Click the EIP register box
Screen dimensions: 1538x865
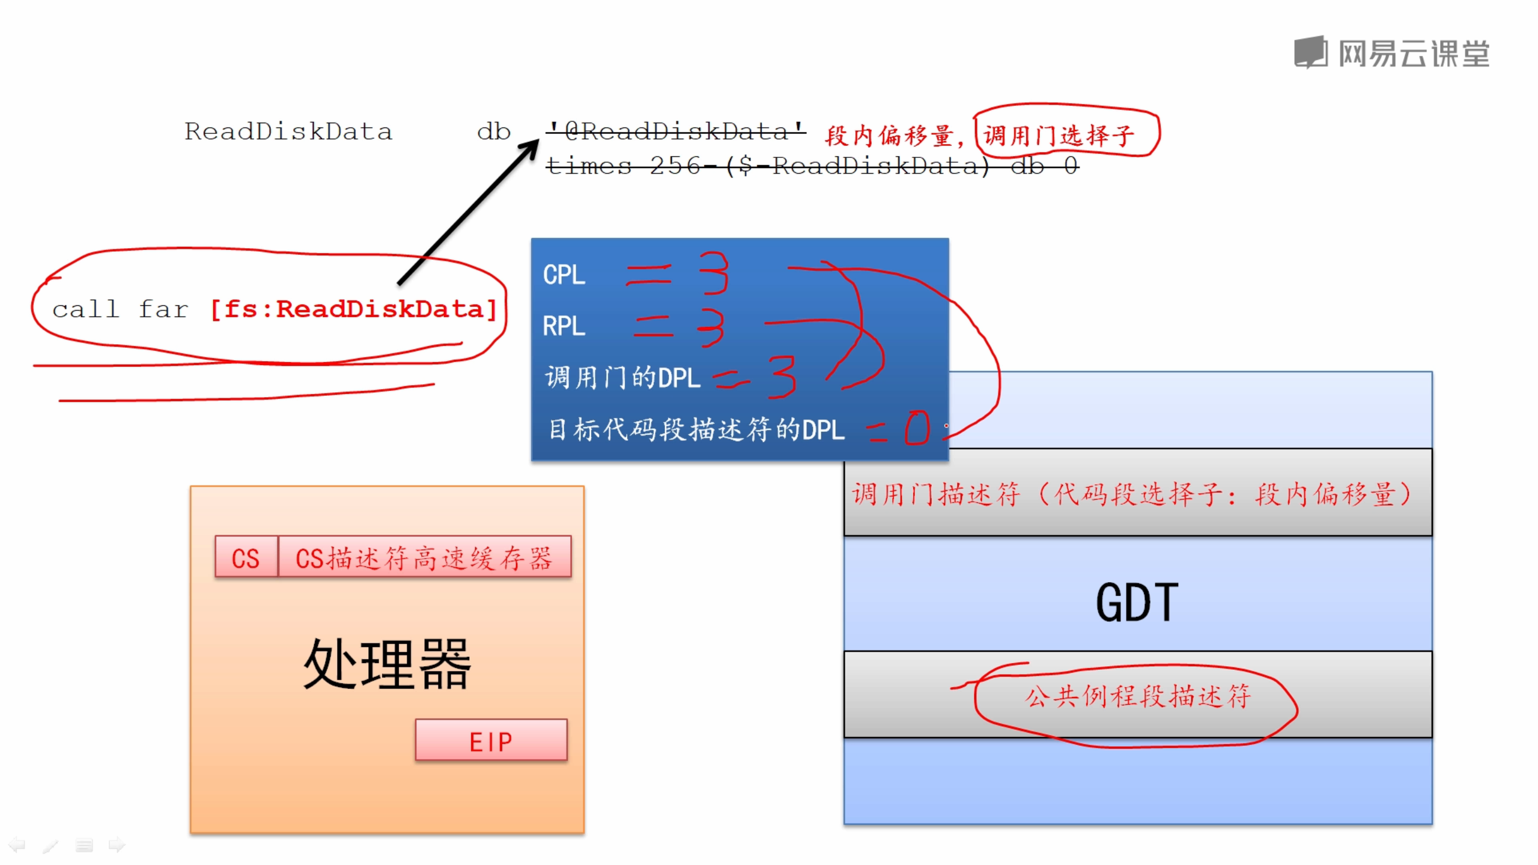click(491, 741)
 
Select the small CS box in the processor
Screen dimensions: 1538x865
click(246, 557)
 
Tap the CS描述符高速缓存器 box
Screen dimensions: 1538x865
click(424, 557)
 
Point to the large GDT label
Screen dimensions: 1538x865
click(1137, 602)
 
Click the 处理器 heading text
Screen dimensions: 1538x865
click(387, 664)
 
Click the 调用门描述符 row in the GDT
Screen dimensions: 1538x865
click(1137, 493)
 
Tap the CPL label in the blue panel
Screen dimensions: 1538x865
click(564, 275)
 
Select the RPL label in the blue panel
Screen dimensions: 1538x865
click(564, 326)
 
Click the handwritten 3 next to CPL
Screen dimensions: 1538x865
click(714, 273)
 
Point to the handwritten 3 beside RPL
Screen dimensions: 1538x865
click(711, 327)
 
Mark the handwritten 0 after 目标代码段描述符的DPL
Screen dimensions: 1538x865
click(917, 428)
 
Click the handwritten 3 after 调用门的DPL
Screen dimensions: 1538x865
click(783, 377)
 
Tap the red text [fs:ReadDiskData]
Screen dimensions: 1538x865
click(353, 309)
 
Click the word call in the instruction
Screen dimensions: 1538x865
click(85, 309)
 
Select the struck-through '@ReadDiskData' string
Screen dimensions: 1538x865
click(676, 131)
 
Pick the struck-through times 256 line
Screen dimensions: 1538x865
click(812, 165)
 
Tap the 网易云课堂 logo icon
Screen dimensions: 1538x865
click(1310, 52)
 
